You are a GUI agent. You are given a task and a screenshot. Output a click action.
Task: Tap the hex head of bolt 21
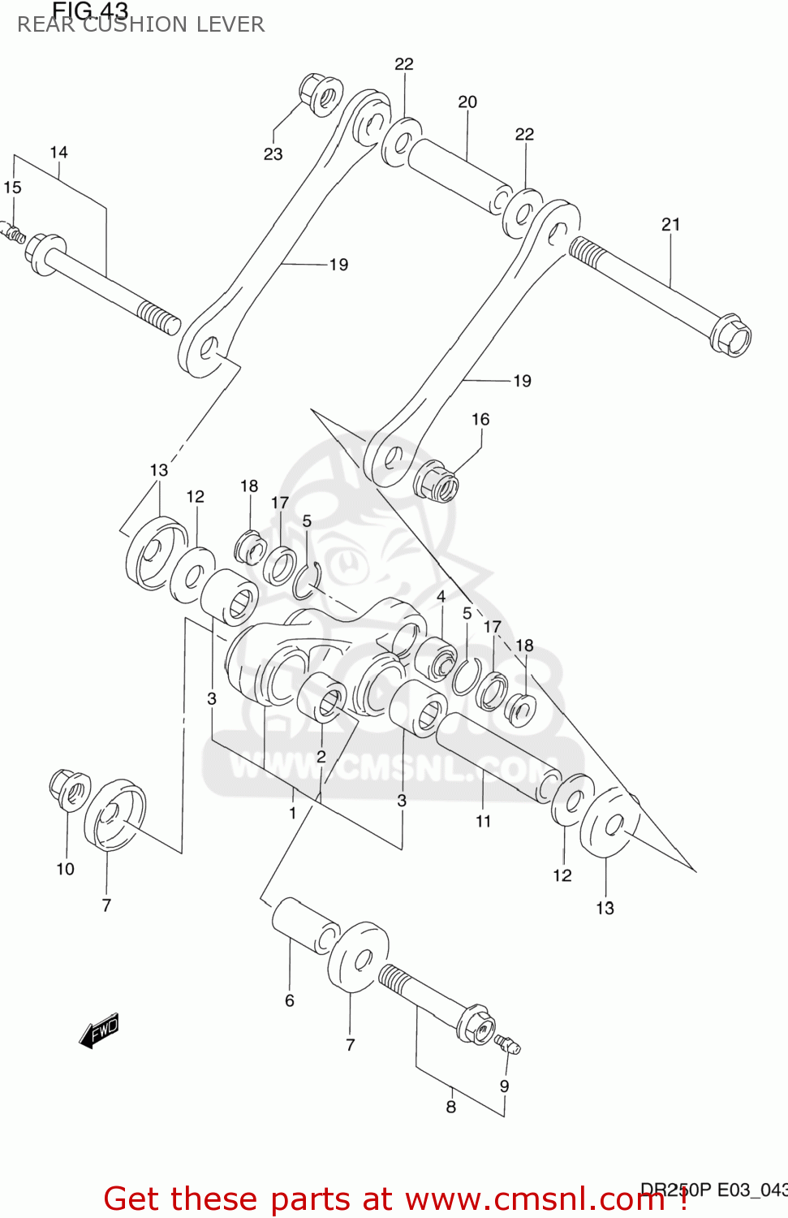click(x=731, y=335)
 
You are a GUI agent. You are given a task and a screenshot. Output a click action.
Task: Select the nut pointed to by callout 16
click(x=437, y=481)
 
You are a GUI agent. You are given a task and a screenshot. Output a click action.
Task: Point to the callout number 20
click(x=467, y=102)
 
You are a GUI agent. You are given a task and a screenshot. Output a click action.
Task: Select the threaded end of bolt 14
click(x=158, y=317)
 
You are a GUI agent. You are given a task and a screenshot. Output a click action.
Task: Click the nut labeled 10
click(x=69, y=788)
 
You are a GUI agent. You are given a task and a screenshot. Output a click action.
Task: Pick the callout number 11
click(x=484, y=822)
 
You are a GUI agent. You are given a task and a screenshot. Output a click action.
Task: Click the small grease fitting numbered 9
click(x=509, y=1044)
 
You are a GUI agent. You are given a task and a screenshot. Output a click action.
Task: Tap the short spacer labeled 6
click(x=305, y=925)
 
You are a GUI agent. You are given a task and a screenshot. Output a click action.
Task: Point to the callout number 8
click(x=451, y=1107)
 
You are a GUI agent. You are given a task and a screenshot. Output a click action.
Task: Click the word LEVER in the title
click(x=236, y=24)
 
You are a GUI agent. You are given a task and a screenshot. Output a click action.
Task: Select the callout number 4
click(x=441, y=597)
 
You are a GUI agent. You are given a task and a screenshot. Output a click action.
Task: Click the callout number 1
click(x=293, y=813)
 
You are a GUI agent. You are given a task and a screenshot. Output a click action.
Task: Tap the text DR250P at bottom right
click(x=674, y=1190)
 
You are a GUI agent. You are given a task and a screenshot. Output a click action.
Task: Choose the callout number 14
click(x=58, y=153)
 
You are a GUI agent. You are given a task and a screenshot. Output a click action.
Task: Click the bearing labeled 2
click(x=322, y=698)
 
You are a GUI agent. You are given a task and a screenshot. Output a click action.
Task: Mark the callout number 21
click(x=670, y=225)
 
